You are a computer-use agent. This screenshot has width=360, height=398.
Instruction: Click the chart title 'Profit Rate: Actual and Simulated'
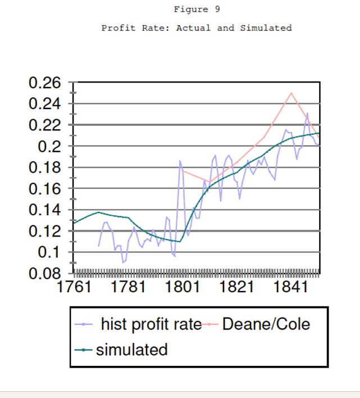click(197, 28)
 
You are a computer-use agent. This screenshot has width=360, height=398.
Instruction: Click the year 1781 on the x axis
click(129, 287)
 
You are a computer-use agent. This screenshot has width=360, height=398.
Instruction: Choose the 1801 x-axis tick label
click(183, 287)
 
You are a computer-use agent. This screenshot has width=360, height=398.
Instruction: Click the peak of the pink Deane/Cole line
click(291, 93)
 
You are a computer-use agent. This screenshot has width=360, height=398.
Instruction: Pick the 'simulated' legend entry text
click(131, 350)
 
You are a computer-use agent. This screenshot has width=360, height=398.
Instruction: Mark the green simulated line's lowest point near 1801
click(180, 242)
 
